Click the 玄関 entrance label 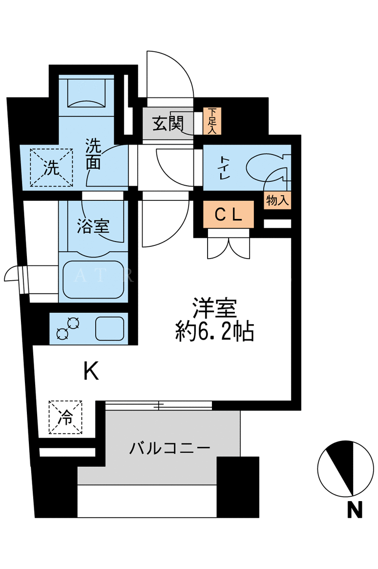pyautogui.click(x=168, y=124)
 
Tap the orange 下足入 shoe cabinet pyautogui.click(x=212, y=121)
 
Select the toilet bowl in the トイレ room pyautogui.click(x=266, y=168)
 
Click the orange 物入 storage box pyautogui.click(x=277, y=200)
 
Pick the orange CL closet pyautogui.click(x=229, y=215)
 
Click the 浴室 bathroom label pyautogui.click(x=93, y=226)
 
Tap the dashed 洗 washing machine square pyautogui.click(x=51, y=168)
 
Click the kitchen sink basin pyautogui.click(x=110, y=328)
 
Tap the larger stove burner pyautogui.click(x=74, y=323)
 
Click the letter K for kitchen pyautogui.click(x=91, y=371)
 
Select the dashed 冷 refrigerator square pyautogui.click(x=65, y=417)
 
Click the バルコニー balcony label pyautogui.click(x=169, y=448)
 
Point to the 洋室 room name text pyautogui.click(x=214, y=308)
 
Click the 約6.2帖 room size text pyautogui.click(x=214, y=331)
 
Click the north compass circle pyautogui.click(x=345, y=468)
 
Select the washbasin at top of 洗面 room pyautogui.click(x=86, y=92)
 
